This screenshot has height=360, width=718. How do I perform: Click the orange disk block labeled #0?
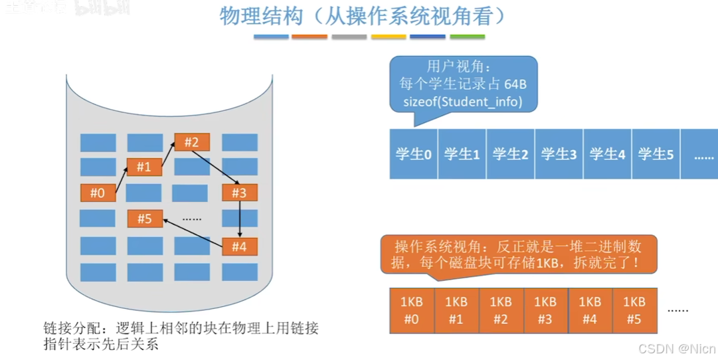[98, 193]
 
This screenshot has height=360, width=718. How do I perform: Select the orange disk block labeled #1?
[144, 167]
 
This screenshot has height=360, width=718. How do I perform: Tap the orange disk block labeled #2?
[191, 141]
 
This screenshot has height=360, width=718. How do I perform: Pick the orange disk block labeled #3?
[239, 193]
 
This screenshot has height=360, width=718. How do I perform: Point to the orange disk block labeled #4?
[239, 246]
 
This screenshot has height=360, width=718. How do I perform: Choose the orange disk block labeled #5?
[145, 218]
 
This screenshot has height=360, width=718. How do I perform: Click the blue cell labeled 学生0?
[413, 154]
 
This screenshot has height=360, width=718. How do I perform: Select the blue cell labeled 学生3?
[559, 154]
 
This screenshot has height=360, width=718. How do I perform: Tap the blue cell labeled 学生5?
[656, 154]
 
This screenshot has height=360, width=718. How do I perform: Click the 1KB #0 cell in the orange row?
[411, 310]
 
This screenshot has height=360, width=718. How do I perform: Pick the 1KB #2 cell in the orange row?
[501, 310]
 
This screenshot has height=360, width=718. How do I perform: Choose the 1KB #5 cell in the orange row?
[634, 310]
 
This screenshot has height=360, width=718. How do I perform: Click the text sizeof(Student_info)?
[462, 102]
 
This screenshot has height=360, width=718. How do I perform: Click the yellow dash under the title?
[389, 37]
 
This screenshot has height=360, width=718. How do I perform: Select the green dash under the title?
[467, 37]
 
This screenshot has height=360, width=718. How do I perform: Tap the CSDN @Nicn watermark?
[677, 349]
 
